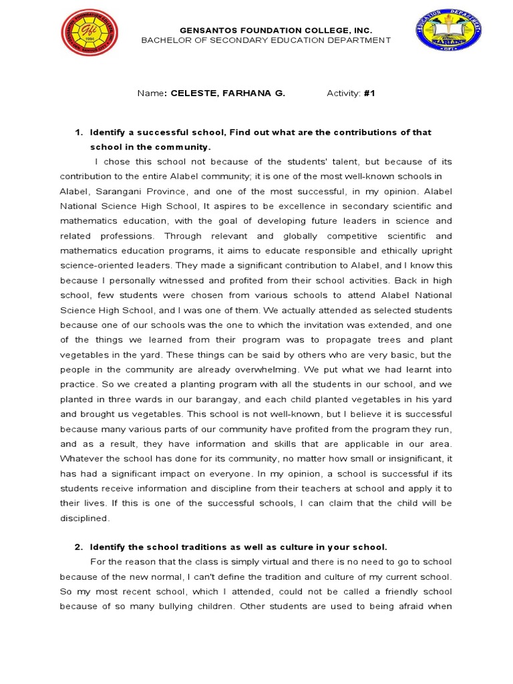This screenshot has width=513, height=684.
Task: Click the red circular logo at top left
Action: tap(89, 33)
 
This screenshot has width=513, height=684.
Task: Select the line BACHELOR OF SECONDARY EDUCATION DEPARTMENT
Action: tap(266, 41)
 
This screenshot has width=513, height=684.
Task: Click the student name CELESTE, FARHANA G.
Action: tap(228, 94)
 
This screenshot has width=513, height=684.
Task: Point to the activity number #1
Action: tap(369, 94)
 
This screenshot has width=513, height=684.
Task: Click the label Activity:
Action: tap(343, 94)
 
